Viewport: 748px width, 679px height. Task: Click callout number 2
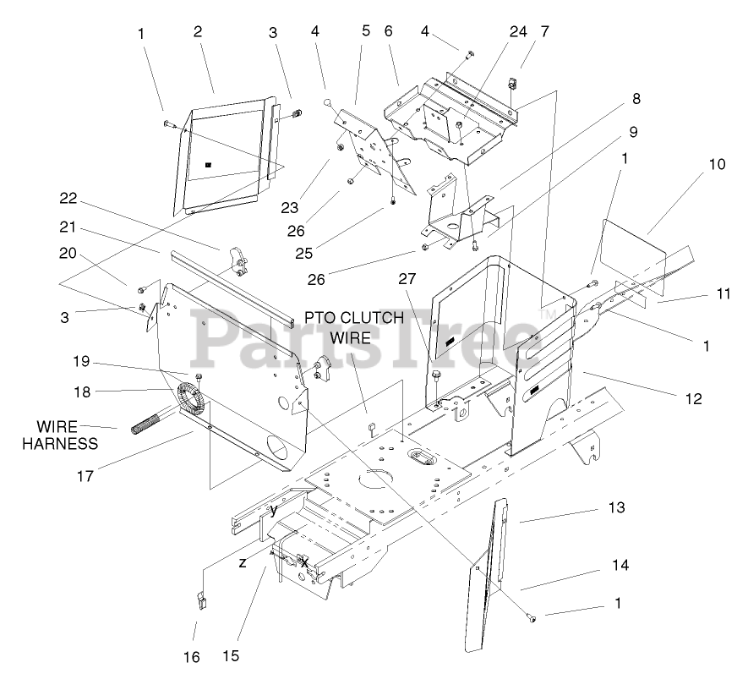click(x=197, y=32)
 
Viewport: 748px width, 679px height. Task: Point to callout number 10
click(x=717, y=164)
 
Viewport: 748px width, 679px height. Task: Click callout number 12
click(x=694, y=398)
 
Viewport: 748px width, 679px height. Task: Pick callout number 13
click(x=616, y=507)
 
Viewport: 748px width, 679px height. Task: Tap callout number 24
click(x=518, y=32)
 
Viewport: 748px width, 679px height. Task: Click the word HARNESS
click(x=60, y=444)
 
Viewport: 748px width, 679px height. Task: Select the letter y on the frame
click(x=274, y=510)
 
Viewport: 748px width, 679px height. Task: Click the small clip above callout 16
click(x=201, y=600)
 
